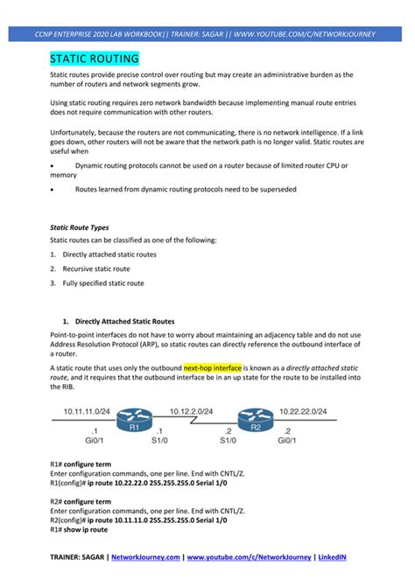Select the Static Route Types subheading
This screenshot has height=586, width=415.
tap(80, 227)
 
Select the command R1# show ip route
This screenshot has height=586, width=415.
tap(79, 529)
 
